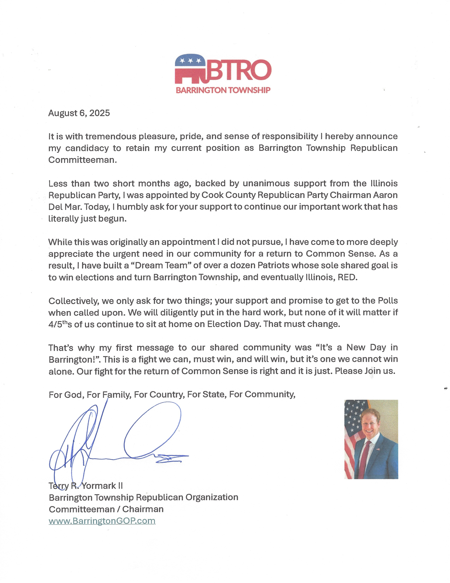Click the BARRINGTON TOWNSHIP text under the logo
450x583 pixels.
click(223, 90)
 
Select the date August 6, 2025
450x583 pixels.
click(79, 113)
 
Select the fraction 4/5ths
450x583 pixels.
click(60, 324)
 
